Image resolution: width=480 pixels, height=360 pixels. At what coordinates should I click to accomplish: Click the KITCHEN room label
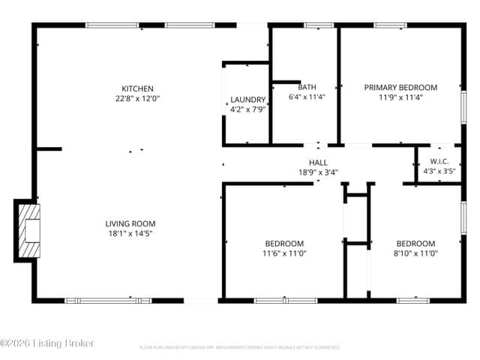(138, 88)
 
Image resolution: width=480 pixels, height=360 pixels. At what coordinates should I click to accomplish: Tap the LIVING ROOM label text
(130, 223)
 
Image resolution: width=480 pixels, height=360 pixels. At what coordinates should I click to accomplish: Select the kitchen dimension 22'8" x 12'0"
(138, 98)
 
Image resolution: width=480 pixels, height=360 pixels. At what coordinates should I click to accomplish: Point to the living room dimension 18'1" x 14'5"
(130, 233)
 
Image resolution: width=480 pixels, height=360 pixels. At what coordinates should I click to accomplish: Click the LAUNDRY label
(247, 100)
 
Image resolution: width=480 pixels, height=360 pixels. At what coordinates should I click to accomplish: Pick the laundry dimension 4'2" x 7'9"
(247, 109)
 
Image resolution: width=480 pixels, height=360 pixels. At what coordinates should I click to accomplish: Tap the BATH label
(307, 87)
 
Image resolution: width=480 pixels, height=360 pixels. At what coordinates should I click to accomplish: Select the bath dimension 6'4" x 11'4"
(307, 97)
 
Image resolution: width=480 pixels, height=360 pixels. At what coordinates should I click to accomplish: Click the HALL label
(318, 162)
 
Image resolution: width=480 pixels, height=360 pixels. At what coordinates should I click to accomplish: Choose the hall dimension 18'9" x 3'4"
(318, 172)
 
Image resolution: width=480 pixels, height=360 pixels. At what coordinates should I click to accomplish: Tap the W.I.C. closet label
(439, 161)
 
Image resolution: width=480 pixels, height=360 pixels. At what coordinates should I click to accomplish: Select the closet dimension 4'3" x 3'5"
(439, 171)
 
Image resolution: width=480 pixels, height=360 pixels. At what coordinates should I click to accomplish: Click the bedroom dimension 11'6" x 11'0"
(284, 253)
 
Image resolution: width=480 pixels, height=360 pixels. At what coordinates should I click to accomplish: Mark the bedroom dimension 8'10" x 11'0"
(415, 253)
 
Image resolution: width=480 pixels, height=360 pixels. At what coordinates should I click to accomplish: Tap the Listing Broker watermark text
(47, 343)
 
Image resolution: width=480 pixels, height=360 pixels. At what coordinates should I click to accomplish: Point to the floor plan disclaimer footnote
(239, 347)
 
